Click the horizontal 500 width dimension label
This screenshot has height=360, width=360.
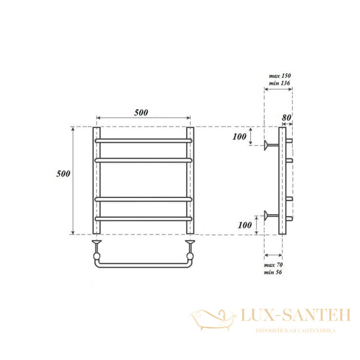click(x=141, y=113)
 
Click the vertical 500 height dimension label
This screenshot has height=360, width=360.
click(x=63, y=173)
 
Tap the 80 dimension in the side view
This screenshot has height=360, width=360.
click(x=286, y=118)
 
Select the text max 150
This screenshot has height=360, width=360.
click(x=280, y=76)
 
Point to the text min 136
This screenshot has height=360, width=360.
click(x=280, y=83)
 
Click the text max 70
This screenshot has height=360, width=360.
click(x=273, y=265)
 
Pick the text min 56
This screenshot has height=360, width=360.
click(x=273, y=272)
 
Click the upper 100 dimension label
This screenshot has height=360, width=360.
click(x=239, y=137)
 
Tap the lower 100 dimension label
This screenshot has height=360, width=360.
click(x=245, y=225)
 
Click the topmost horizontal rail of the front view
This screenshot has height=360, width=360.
click(x=143, y=141)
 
